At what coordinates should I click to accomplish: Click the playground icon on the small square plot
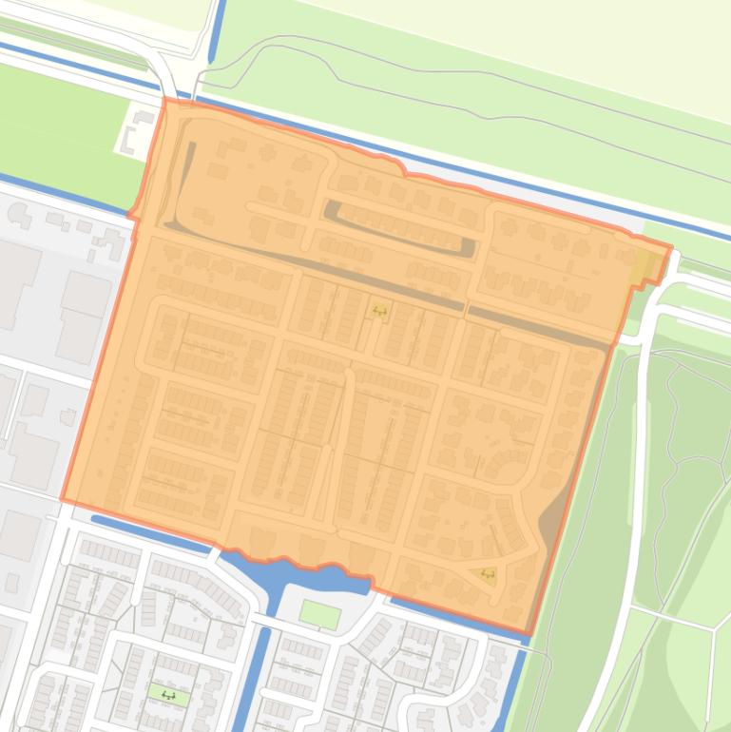(380, 309)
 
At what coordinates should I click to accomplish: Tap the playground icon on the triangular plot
(488, 574)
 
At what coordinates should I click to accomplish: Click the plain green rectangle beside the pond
(319, 613)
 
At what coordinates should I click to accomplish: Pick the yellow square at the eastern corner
(644, 267)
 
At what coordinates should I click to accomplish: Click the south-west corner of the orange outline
(63, 498)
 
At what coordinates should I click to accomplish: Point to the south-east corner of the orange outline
(529, 633)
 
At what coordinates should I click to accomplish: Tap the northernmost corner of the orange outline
(165, 99)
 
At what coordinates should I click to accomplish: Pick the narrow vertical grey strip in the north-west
(188, 181)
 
